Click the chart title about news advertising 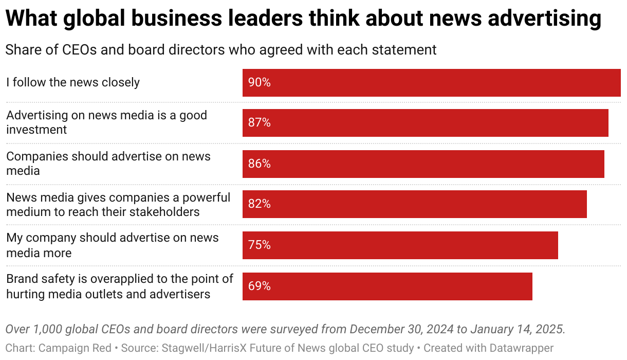(303, 19)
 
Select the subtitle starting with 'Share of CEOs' (221, 50)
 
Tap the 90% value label (259, 82)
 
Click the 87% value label (259, 123)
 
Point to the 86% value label (259, 164)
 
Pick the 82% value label (259, 204)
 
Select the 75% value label (259, 245)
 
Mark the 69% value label (259, 286)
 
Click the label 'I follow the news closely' (73, 82)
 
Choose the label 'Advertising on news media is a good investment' (106, 122)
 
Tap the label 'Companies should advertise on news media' (108, 163)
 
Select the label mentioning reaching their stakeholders (118, 204)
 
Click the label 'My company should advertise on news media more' (112, 245)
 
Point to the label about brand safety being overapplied (120, 286)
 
